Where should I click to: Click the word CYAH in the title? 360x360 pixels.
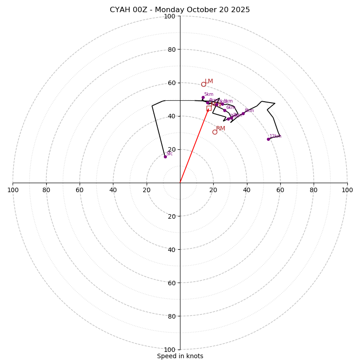[119, 10]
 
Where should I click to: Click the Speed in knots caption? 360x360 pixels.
[180, 356]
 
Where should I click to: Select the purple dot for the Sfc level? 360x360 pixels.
[165, 157]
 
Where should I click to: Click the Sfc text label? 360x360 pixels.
[169, 154]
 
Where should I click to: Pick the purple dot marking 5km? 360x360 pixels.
[203, 97]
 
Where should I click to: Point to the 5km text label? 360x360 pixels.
[208, 94]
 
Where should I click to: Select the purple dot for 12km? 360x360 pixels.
[268, 139]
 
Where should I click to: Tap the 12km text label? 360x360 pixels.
[275, 136]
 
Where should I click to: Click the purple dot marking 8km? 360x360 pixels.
[243, 113]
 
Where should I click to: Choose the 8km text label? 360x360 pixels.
[249, 111]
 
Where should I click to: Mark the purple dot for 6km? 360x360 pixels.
[225, 110]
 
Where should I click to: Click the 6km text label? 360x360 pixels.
[230, 108]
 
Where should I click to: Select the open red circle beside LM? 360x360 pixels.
[203, 84]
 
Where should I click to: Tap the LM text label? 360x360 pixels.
[209, 81]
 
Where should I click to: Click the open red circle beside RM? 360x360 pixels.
[215, 132]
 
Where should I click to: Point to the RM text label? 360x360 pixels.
[220, 129]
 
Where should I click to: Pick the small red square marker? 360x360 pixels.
[209, 108]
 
